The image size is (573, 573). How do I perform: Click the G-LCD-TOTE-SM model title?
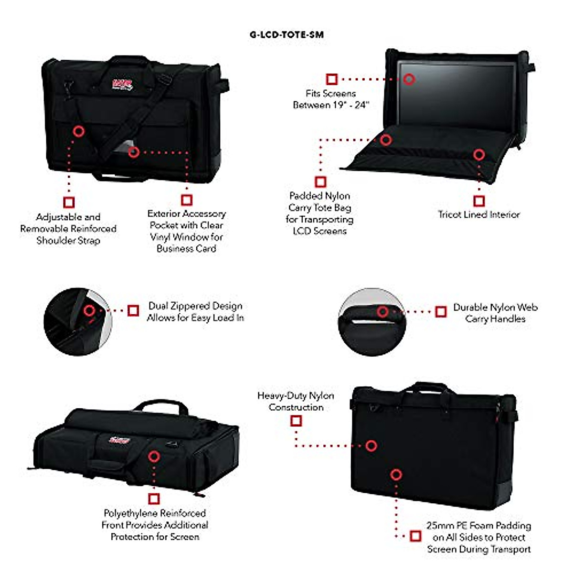click(286, 34)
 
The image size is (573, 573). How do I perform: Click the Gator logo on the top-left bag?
click(122, 85)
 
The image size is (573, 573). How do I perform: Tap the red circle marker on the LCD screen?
click(409, 79)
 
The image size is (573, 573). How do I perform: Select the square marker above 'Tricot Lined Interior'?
click(479, 201)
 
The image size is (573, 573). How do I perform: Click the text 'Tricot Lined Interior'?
click(479, 214)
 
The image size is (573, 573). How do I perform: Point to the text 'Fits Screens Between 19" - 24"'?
click(331, 99)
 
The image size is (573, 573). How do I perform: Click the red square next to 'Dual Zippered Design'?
click(133, 310)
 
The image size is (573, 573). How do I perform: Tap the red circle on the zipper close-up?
click(89, 311)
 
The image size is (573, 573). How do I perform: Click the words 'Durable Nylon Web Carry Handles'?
click(495, 313)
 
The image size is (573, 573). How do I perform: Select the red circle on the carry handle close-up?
click(382, 312)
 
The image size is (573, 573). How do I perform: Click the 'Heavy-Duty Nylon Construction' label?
click(296, 401)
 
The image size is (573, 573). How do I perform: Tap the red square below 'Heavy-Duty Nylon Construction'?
click(296, 421)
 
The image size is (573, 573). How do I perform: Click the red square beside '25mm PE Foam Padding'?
click(415, 536)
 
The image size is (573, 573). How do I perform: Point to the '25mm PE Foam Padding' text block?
click(478, 537)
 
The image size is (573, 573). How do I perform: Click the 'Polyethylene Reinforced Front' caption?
click(155, 525)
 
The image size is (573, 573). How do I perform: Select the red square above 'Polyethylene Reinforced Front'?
click(154, 499)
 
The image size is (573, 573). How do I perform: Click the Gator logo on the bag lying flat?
click(119, 439)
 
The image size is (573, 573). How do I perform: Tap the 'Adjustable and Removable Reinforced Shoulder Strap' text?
click(68, 229)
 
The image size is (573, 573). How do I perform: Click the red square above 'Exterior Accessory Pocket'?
click(187, 200)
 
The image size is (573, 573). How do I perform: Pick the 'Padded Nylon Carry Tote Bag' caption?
click(320, 213)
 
